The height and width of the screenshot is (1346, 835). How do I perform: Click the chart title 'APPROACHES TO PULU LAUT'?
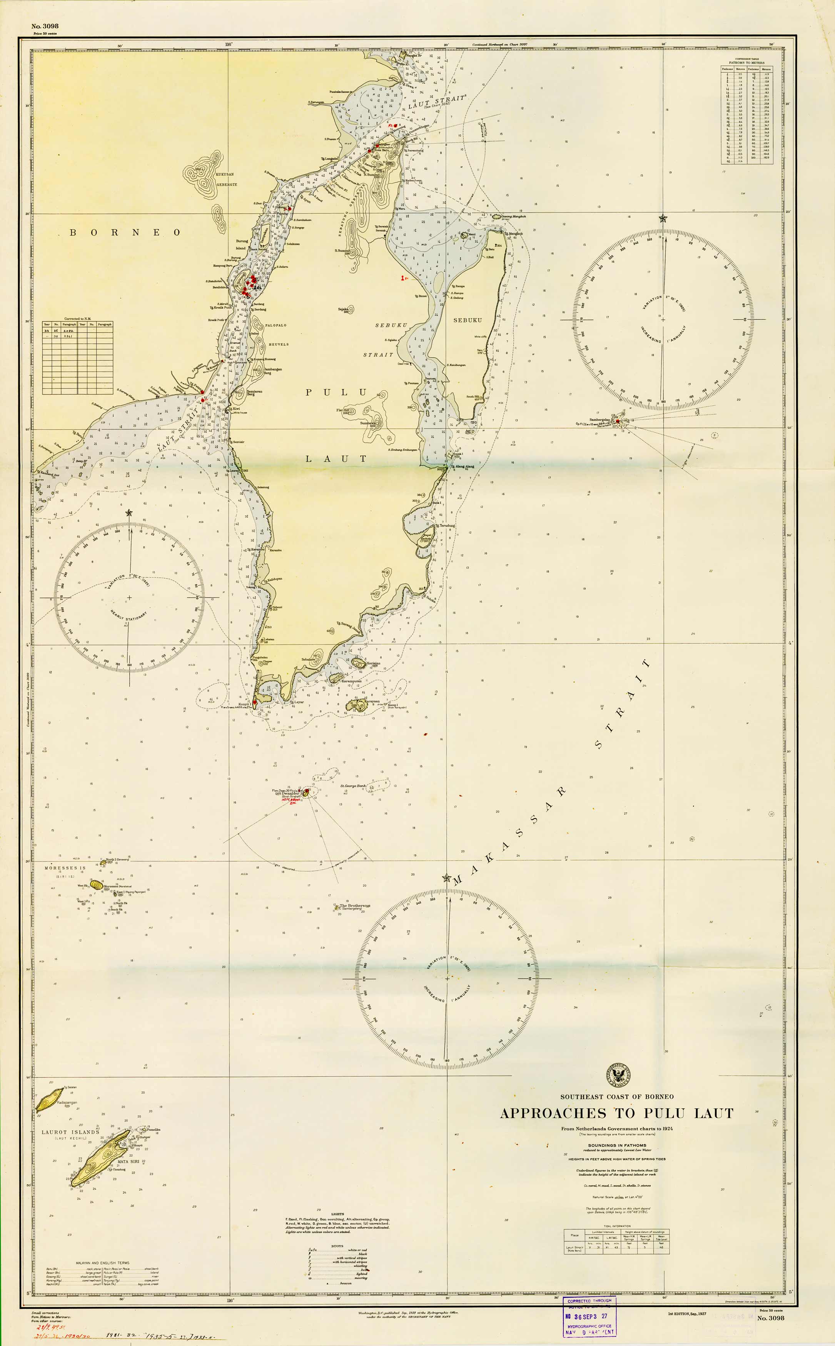coord(616,1113)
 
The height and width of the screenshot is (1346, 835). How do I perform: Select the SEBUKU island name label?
coord(467,320)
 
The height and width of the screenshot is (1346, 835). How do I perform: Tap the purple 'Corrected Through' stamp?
coord(589,1316)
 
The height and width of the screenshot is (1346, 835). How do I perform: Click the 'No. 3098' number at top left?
coord(45,26)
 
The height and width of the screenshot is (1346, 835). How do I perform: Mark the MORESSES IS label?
coord(65,868)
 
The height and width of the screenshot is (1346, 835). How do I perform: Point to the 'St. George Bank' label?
coord(353,785)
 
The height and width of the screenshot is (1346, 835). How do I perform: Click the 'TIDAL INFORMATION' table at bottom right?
coord(616,1242)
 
